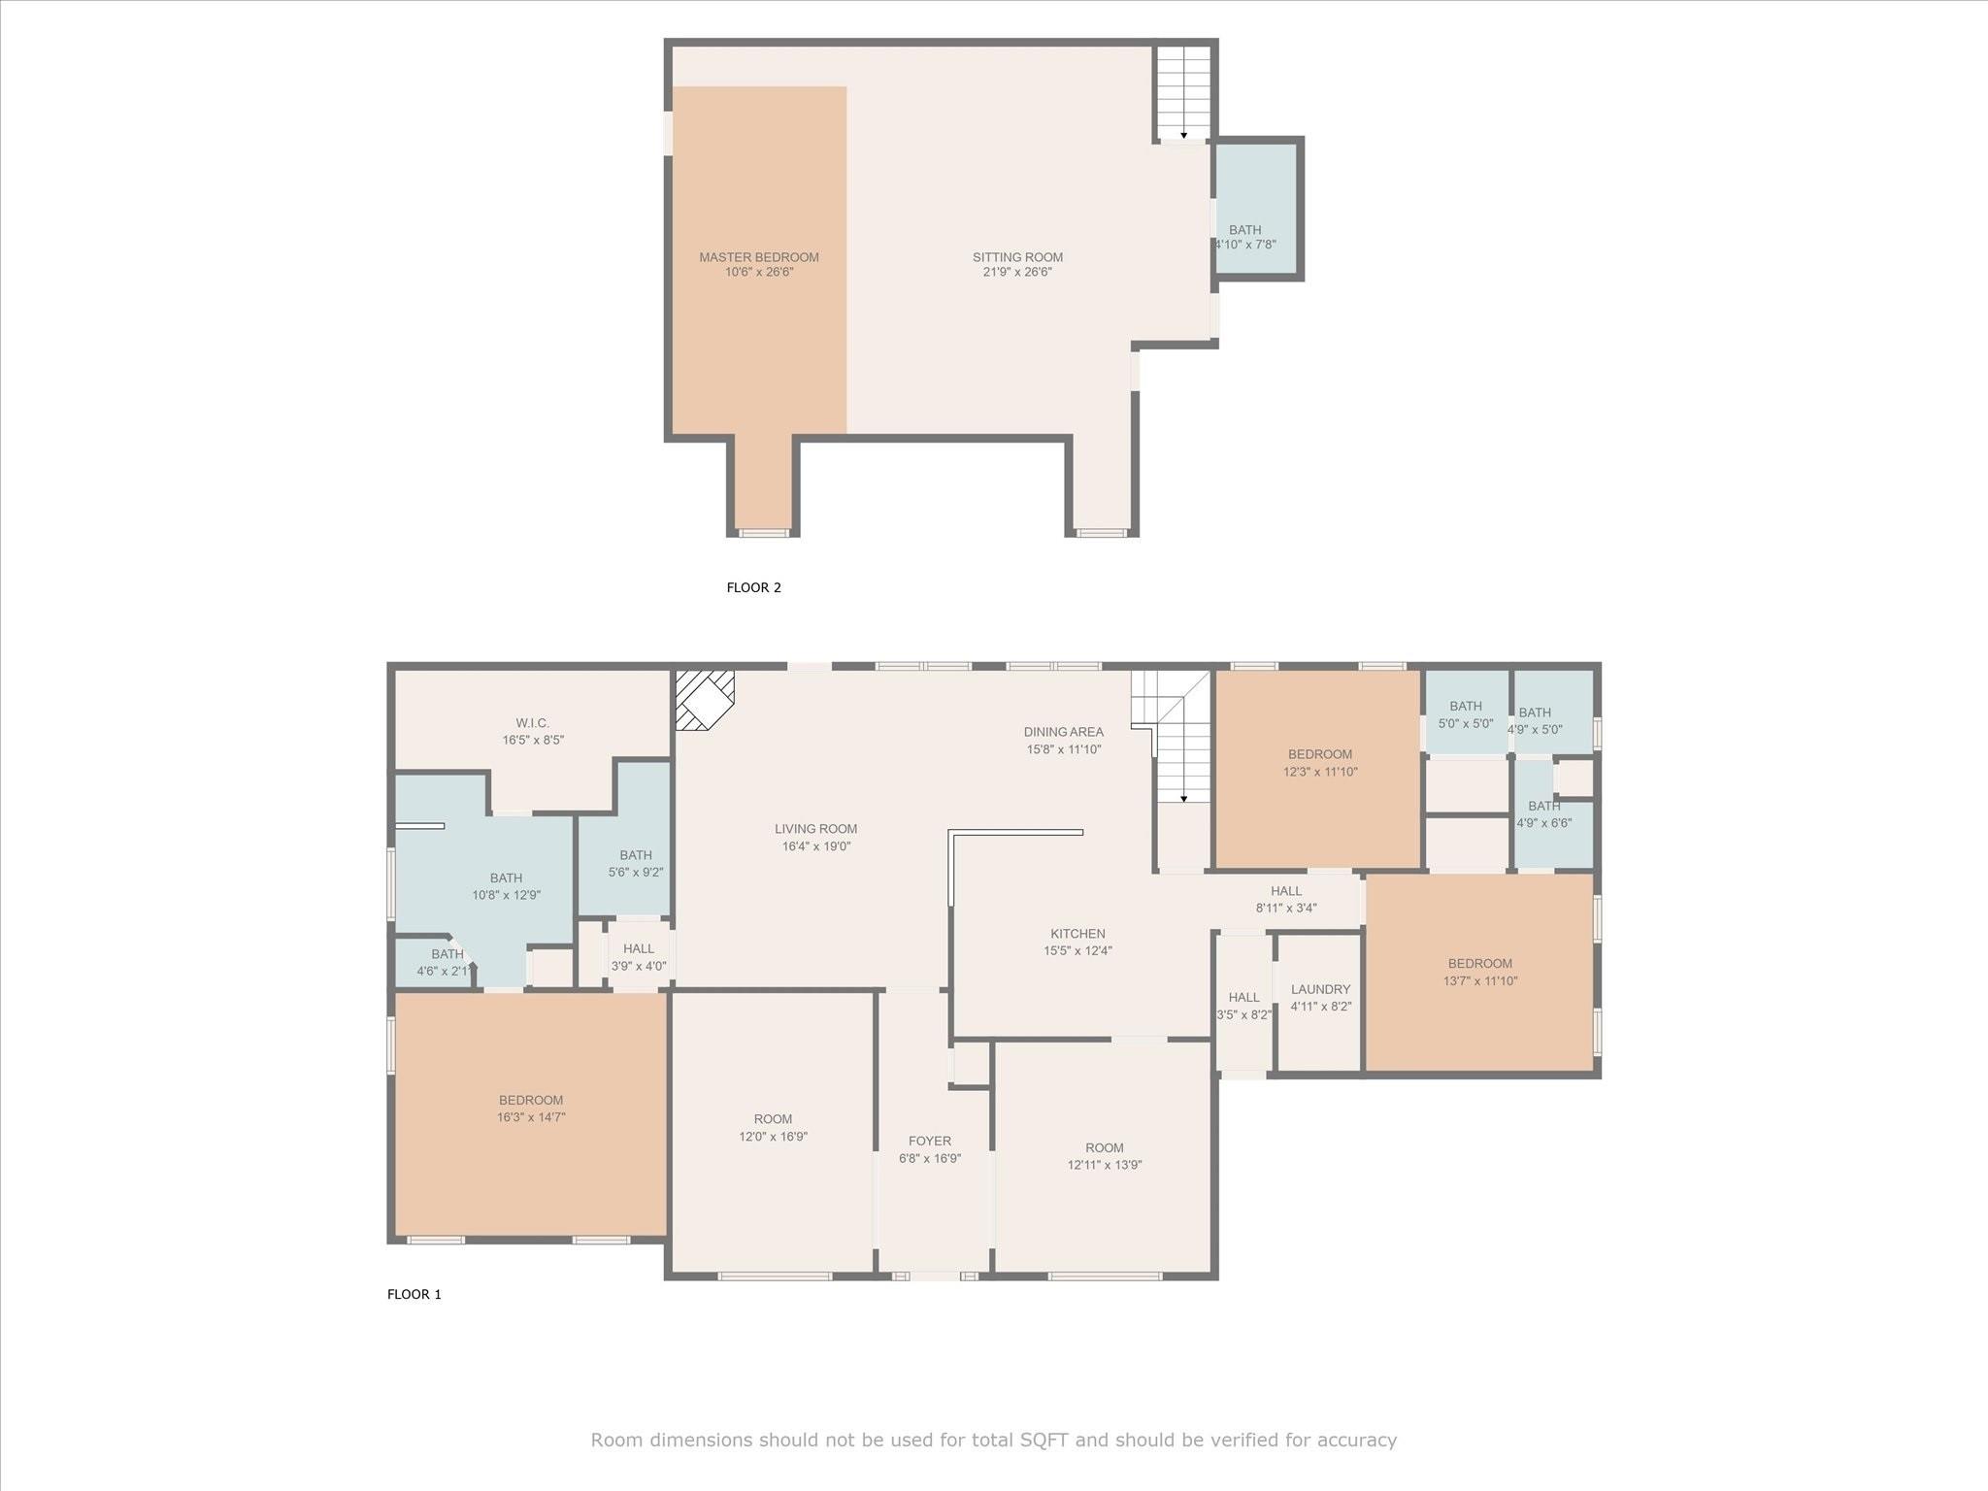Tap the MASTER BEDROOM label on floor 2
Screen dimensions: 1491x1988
(759, 257)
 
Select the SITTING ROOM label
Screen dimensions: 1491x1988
(1017, 257)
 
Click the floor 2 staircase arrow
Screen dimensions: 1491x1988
(1183, 134)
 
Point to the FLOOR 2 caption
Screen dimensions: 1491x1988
(753, 587)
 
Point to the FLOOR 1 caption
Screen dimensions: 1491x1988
(414, 1294)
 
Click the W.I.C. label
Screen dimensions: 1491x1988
(532, 723)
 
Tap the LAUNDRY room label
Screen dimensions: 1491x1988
(1320, 989)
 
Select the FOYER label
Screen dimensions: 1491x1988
(930, 1141)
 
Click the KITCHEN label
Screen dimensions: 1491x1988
(1077, 934)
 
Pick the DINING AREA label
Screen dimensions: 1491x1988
(1063, 732)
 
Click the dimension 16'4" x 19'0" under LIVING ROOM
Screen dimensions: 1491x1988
(816, 846)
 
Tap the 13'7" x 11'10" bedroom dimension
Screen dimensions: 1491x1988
(1480, 980)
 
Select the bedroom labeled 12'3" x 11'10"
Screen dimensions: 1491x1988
(1320, 763)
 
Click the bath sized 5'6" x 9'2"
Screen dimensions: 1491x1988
(636, 863)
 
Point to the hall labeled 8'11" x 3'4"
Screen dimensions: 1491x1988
(1286, 899)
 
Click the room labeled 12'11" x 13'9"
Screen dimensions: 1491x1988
(1105, 1156)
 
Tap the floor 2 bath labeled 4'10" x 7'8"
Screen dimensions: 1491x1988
(1245, 237)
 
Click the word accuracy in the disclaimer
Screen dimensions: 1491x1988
(1356, 1440)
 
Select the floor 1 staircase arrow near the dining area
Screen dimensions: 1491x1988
(1183, 798)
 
